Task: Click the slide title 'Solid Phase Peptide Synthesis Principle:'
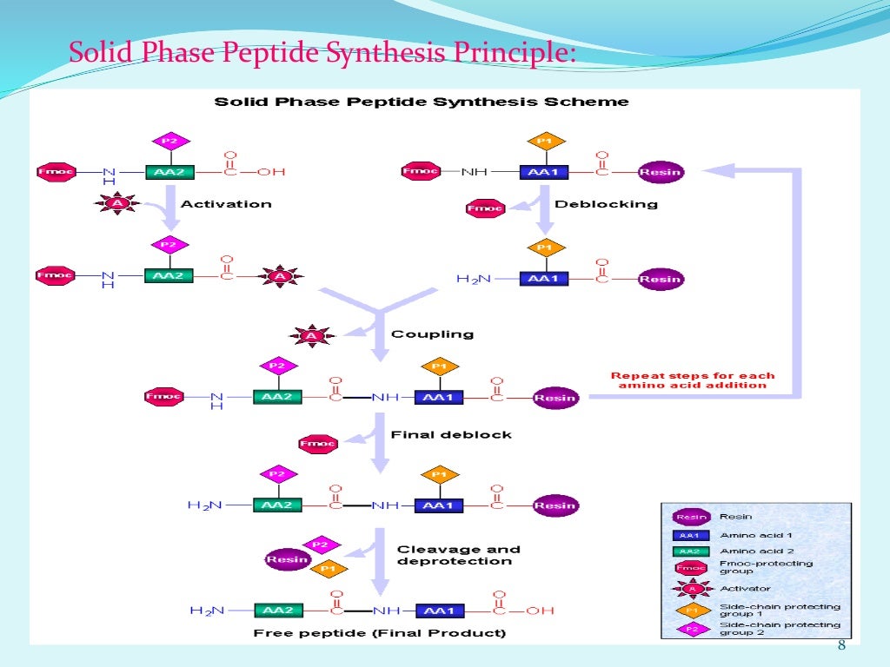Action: (322, 53)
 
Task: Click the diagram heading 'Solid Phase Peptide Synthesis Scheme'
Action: (422, 102)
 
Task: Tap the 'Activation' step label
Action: (225, 204)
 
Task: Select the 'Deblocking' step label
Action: (606, 205)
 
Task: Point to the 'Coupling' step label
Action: (432, 333)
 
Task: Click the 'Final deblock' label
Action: (451, 434)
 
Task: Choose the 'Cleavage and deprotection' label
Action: (458, 555)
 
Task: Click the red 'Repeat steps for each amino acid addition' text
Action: (692, 380)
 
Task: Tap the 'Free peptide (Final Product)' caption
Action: (379, 633)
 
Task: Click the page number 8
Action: (840, 644)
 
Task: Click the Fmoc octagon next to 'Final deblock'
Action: (317, 444)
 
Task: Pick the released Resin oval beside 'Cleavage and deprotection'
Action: (288, 559)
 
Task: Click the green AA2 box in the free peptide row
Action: (276, 611)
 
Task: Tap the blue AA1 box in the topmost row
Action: (543, 172)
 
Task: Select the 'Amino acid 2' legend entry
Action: (755, 551)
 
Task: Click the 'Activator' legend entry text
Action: (745, 588)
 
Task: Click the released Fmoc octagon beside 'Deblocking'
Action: (485, 208)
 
